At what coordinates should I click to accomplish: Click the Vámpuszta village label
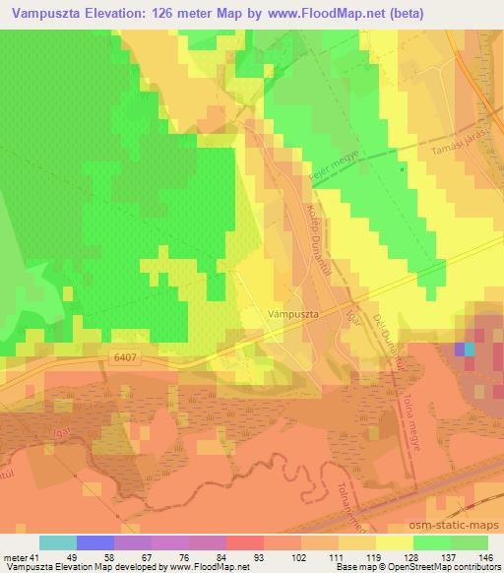point(292,314)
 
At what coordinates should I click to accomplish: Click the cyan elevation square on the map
point(469,349)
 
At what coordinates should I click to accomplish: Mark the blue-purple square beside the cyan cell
point(459,349)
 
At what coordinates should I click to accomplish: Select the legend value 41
point(32,557)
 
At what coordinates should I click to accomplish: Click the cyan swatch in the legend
point(58,542)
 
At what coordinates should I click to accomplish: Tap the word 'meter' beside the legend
point(14,557)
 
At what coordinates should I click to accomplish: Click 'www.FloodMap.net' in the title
point(343,14)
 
